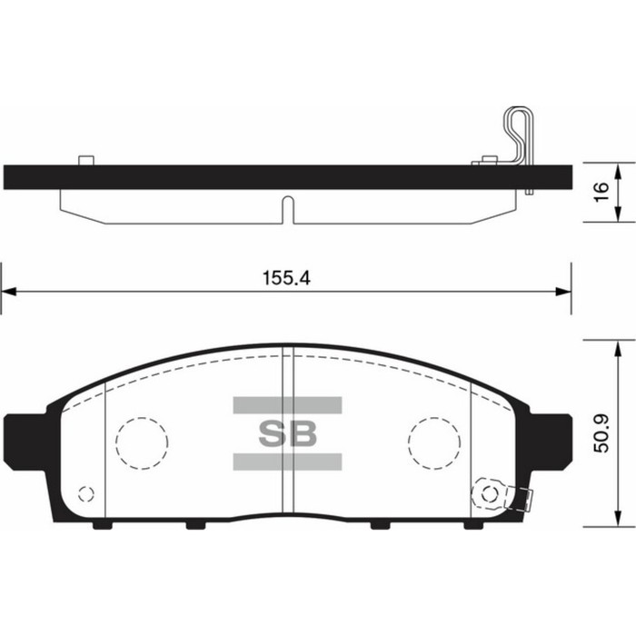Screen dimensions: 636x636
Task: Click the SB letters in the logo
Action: click(x=287, y=433)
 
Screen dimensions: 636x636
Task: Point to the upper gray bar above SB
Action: click(x=287, y=404)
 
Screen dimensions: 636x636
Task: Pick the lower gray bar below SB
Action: click(x=287, y=462)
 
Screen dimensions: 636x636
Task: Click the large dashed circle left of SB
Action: click(x=142, y=442)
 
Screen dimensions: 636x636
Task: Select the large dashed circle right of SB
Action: click(x=433, y=442)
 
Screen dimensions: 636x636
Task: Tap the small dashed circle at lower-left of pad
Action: click(x=86, y=494)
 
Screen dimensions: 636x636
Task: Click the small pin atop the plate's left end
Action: click(x=87, y=161)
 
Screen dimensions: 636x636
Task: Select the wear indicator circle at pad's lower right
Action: click(x=491, y=494)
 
